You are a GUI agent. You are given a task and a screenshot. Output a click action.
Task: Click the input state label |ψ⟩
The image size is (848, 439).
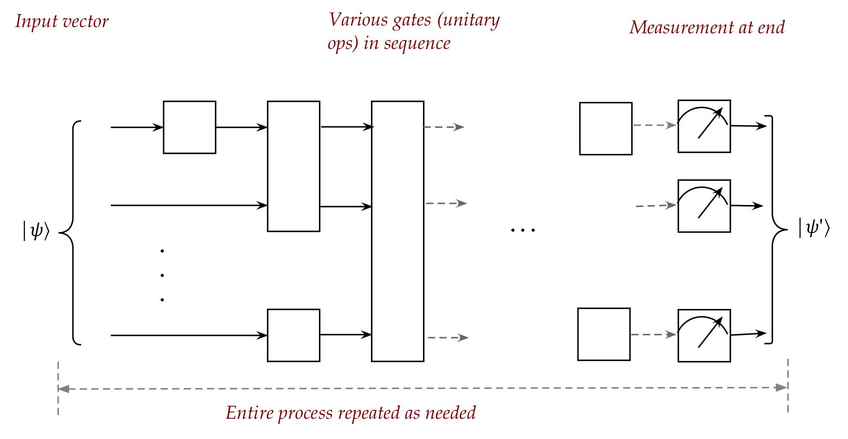(36, 230)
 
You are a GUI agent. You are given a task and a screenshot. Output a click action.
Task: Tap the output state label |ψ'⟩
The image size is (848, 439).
(814, 227)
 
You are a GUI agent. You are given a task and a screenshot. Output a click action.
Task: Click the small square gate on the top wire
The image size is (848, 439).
(189, 127)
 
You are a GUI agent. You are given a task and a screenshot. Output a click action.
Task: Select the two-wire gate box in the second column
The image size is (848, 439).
(293, 166)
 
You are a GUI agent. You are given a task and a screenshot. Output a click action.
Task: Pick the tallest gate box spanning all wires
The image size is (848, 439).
(397, 231)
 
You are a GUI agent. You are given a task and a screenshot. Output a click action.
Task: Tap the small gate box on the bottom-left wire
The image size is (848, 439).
(293, 335)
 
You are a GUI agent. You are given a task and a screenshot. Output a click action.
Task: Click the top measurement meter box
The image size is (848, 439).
(704, 126)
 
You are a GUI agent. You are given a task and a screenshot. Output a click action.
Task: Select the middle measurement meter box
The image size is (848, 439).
(704, 206)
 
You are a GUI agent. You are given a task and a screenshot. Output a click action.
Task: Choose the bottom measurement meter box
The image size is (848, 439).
(704, 335)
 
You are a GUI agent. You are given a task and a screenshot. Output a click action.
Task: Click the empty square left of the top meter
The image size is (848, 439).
(606, 128)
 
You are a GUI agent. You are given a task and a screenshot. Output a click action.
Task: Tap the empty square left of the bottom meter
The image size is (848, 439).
(603, 334)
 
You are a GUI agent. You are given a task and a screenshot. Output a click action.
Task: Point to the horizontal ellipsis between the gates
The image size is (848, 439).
(522, 229)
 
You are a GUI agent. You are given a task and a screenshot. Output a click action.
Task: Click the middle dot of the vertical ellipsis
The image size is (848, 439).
(162, 275)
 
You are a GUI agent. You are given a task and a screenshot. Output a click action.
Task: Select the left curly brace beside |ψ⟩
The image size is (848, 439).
(72, 232)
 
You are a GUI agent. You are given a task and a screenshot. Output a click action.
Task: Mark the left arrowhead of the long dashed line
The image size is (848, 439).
(63, 389)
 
